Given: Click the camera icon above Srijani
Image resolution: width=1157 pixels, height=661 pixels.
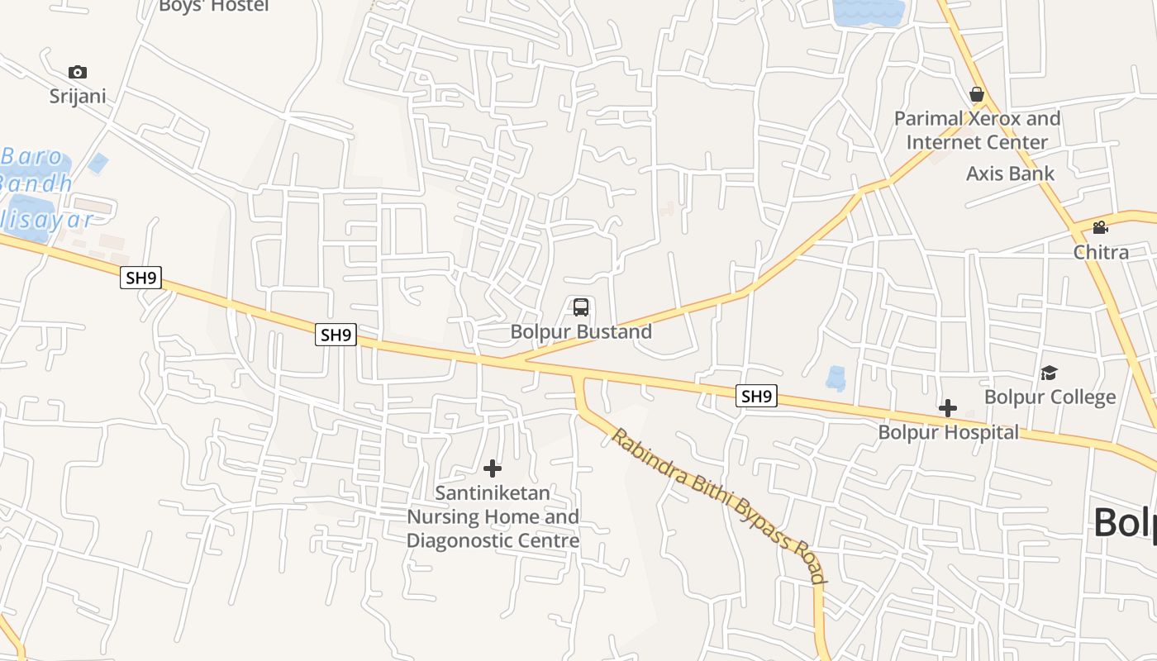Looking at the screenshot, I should [x=78, y=72].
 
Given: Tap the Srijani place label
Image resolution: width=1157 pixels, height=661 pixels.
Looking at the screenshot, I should [x=78, y=96].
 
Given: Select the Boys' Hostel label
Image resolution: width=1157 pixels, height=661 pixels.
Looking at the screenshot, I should [x=213, y=6].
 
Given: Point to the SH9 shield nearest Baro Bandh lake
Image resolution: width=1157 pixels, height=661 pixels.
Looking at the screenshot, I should [x=140, y=278].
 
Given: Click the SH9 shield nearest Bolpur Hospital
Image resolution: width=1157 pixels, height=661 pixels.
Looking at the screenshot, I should [x=756, y=397].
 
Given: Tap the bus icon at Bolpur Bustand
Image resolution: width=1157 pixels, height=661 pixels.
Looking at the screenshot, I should [x=581, y=307].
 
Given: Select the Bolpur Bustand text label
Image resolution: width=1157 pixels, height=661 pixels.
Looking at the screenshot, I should [x=581, y=331].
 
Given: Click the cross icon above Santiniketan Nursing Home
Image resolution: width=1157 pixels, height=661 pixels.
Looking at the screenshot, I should [x=493, y=468].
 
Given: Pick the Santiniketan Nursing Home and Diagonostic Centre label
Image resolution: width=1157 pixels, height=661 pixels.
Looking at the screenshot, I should [x=493, y=516].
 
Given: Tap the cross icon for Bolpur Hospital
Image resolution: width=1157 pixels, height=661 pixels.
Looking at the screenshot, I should [x=948, y=408].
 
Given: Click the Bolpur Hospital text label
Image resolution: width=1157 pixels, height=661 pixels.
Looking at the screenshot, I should [x=948, y=432].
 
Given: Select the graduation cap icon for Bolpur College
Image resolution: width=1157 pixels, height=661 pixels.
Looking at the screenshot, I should [x=1049, y=373].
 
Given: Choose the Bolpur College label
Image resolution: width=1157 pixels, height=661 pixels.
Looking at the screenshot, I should [x=1050, y=397].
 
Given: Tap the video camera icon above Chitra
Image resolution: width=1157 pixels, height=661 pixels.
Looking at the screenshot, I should [x=1100, y=228].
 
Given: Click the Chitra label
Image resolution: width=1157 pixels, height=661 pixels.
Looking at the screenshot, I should [x=1101, y=252].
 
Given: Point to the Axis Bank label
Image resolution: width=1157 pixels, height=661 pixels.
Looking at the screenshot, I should [x=1010, y=174].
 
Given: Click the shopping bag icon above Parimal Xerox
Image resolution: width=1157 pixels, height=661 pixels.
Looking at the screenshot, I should [x=977, y=94].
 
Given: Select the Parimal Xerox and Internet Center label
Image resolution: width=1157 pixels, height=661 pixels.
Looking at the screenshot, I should [x=977, y=130].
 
